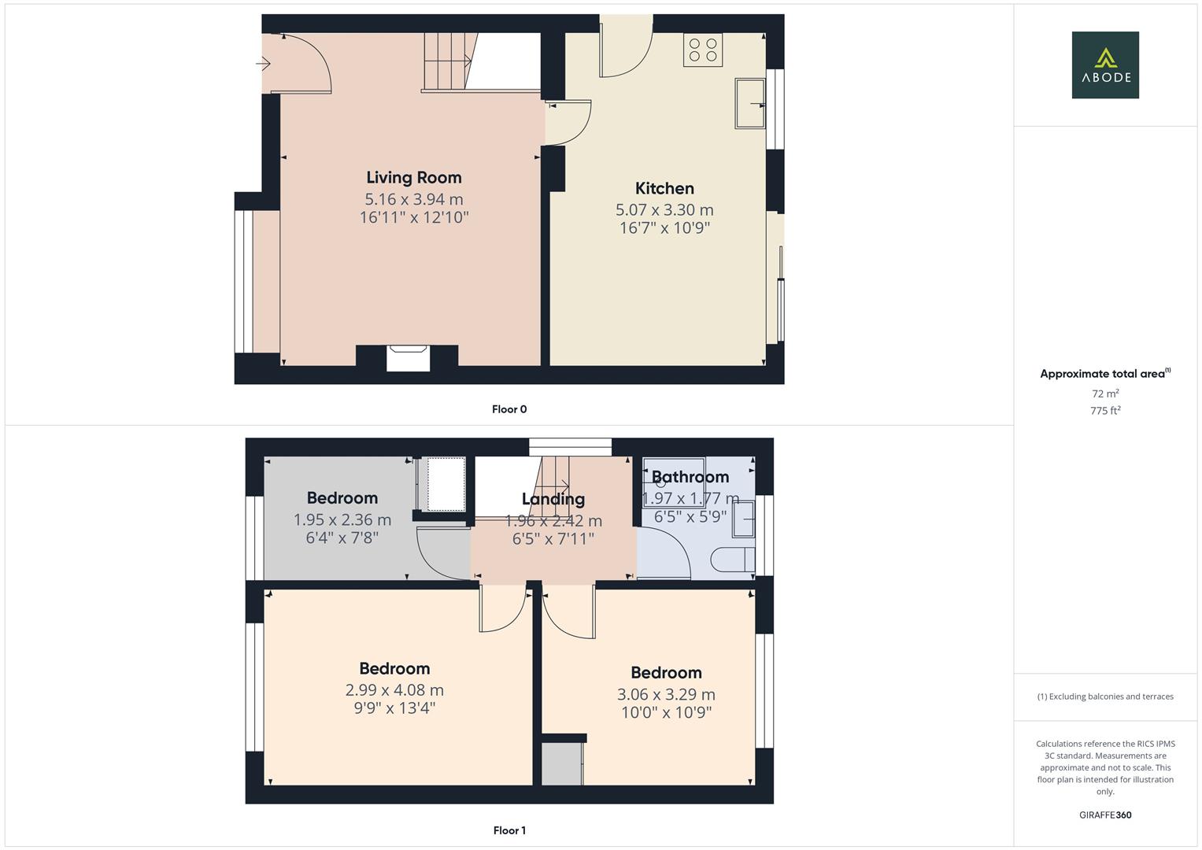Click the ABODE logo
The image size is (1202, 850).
[1104, 65]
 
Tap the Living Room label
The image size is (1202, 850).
[414, 178]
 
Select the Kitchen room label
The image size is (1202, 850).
[664, 188]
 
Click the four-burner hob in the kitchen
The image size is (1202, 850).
[703, 50]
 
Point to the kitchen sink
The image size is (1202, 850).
[749, 102]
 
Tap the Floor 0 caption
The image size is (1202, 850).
[509, 409]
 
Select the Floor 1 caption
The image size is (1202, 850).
[509, 830]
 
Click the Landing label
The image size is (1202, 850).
[553, 499]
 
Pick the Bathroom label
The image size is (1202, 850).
[690, 477]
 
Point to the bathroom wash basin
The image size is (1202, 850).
[744, 519]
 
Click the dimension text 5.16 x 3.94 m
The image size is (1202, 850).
[414, 200]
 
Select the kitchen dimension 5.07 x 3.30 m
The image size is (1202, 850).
[664, 210]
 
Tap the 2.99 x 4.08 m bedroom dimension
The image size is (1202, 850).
[394, 690]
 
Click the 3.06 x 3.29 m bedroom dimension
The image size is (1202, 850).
[666, 695]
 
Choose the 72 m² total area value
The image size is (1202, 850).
[1105, 394]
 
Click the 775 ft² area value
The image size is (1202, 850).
[1105, 411]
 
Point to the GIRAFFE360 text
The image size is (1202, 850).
[1105, 815]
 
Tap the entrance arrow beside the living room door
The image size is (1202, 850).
[264, 63]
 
